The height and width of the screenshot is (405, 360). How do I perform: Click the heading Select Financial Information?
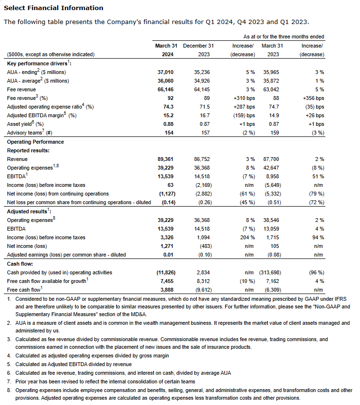coord(53,8)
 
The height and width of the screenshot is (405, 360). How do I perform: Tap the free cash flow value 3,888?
coord(166,290)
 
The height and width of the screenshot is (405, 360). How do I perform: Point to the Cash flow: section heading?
coord(20,264)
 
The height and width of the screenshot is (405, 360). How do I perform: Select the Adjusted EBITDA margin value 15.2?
coord(167,116)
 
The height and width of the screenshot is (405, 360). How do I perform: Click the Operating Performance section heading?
coord(36,142)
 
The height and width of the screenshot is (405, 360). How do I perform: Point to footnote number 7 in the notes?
coord(9,381)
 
